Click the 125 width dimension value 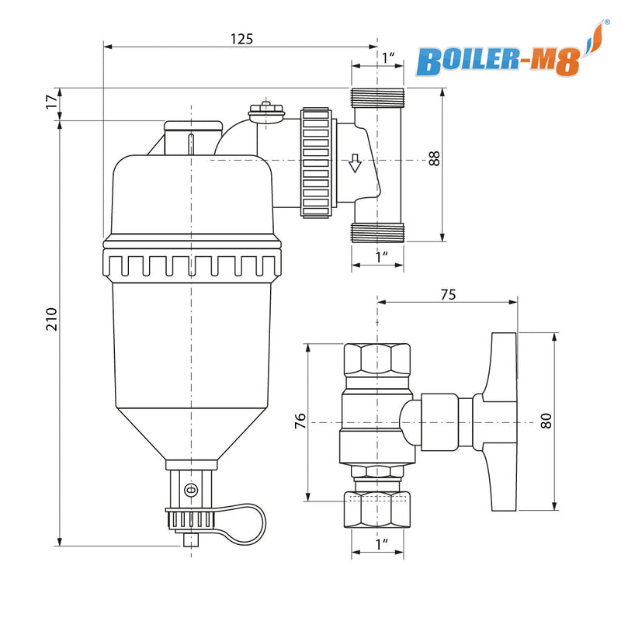[x=241, y=38]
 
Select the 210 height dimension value [x=51, y=318]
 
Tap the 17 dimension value [x=51, y=102]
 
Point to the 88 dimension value [x=434, y=158]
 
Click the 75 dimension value [x=448, y=294]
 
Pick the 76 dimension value [x=300, y=422]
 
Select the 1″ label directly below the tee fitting [x=382, y=256]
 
